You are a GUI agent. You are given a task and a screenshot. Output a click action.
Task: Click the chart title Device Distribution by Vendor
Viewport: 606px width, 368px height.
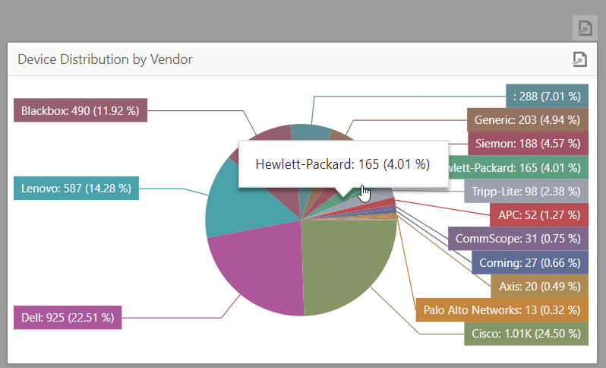[105, 59]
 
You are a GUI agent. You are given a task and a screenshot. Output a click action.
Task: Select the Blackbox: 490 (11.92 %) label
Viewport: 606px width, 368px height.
[80, 110]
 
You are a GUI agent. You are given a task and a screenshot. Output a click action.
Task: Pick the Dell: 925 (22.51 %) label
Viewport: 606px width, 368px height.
[68, 317]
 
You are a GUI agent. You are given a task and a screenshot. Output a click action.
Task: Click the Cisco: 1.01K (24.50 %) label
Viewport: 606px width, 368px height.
[525, 333]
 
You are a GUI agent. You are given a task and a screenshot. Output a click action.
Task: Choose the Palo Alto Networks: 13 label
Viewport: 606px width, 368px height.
[502, 309]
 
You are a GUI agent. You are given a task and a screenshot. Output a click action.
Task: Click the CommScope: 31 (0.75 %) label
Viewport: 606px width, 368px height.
[518, 239]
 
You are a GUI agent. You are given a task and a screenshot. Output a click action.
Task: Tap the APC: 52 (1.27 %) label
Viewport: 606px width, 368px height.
[538, 214]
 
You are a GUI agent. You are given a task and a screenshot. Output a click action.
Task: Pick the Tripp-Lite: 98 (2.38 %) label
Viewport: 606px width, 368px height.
[526, 191]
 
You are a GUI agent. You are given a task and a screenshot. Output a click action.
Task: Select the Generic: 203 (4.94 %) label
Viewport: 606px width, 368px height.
[527, 119]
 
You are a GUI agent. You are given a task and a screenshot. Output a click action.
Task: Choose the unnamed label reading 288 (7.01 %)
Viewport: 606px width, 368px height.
[547, 96]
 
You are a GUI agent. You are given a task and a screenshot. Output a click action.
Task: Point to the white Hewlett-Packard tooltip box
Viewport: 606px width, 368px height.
[342, 163]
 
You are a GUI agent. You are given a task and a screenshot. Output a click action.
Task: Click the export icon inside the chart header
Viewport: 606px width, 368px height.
[579, 59]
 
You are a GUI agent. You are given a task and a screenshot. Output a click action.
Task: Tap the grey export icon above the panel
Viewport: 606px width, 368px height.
[585, 28]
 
